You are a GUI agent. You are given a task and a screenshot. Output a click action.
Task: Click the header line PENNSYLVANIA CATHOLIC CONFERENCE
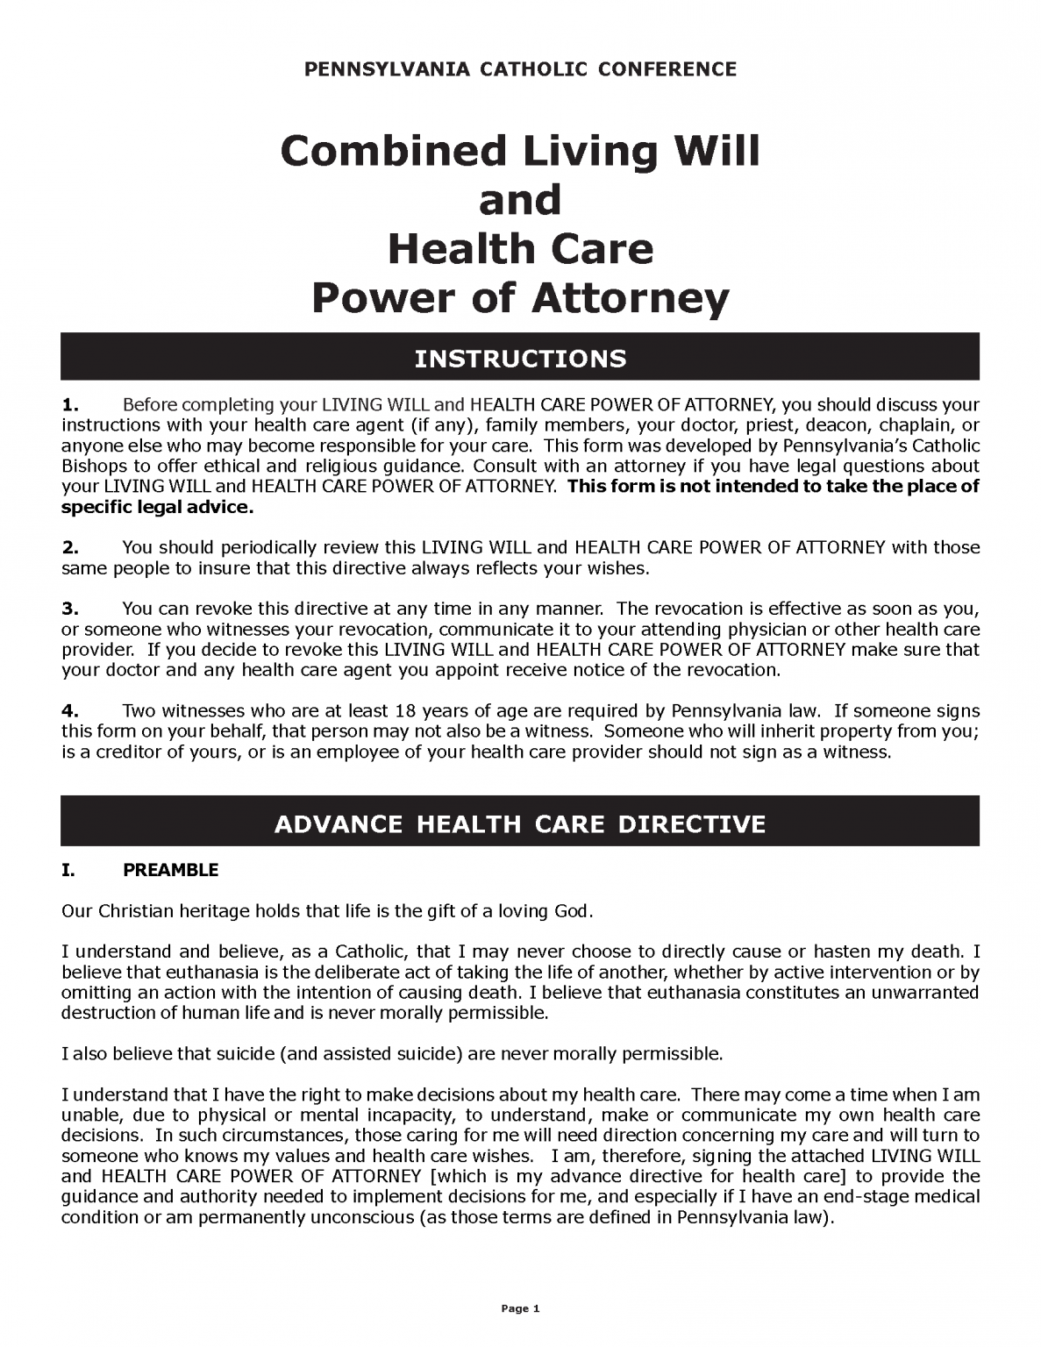(520, 69)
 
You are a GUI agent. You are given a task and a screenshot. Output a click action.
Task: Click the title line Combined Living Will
(520, 152)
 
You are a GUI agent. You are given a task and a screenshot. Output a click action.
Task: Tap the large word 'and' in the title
(520, 200)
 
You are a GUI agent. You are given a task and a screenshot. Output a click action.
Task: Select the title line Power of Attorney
(520, 298)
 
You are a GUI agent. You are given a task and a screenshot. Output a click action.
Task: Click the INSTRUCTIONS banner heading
(520, 359)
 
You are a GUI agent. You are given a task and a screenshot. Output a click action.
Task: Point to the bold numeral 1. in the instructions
(70, 404)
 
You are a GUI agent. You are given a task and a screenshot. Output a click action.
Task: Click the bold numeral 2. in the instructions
(70, 547)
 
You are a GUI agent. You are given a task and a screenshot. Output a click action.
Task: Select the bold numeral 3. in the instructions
(70, 609)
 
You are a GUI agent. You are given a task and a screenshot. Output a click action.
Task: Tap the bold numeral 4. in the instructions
(70, 710)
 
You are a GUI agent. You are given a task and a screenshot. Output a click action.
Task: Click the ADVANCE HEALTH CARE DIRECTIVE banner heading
(520, 824)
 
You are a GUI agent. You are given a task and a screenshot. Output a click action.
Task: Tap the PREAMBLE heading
(170, 870)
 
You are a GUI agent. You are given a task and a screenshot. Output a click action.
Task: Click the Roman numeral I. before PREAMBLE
(68, 870)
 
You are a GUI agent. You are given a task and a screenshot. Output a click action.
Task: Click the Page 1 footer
(520, 1309)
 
